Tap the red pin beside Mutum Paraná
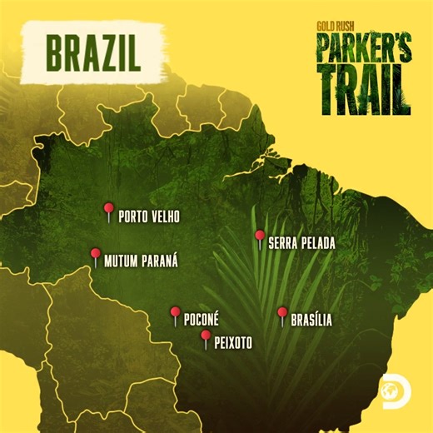click(95, 255)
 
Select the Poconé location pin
click(175, 313)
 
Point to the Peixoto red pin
click(205, 336)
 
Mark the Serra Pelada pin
click(260, 236)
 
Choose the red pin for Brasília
click(282, 313)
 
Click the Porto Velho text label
click(149, 216)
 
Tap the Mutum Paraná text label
click(142, 261)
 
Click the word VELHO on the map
click(165, 216)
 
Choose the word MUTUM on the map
click(122, 261)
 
